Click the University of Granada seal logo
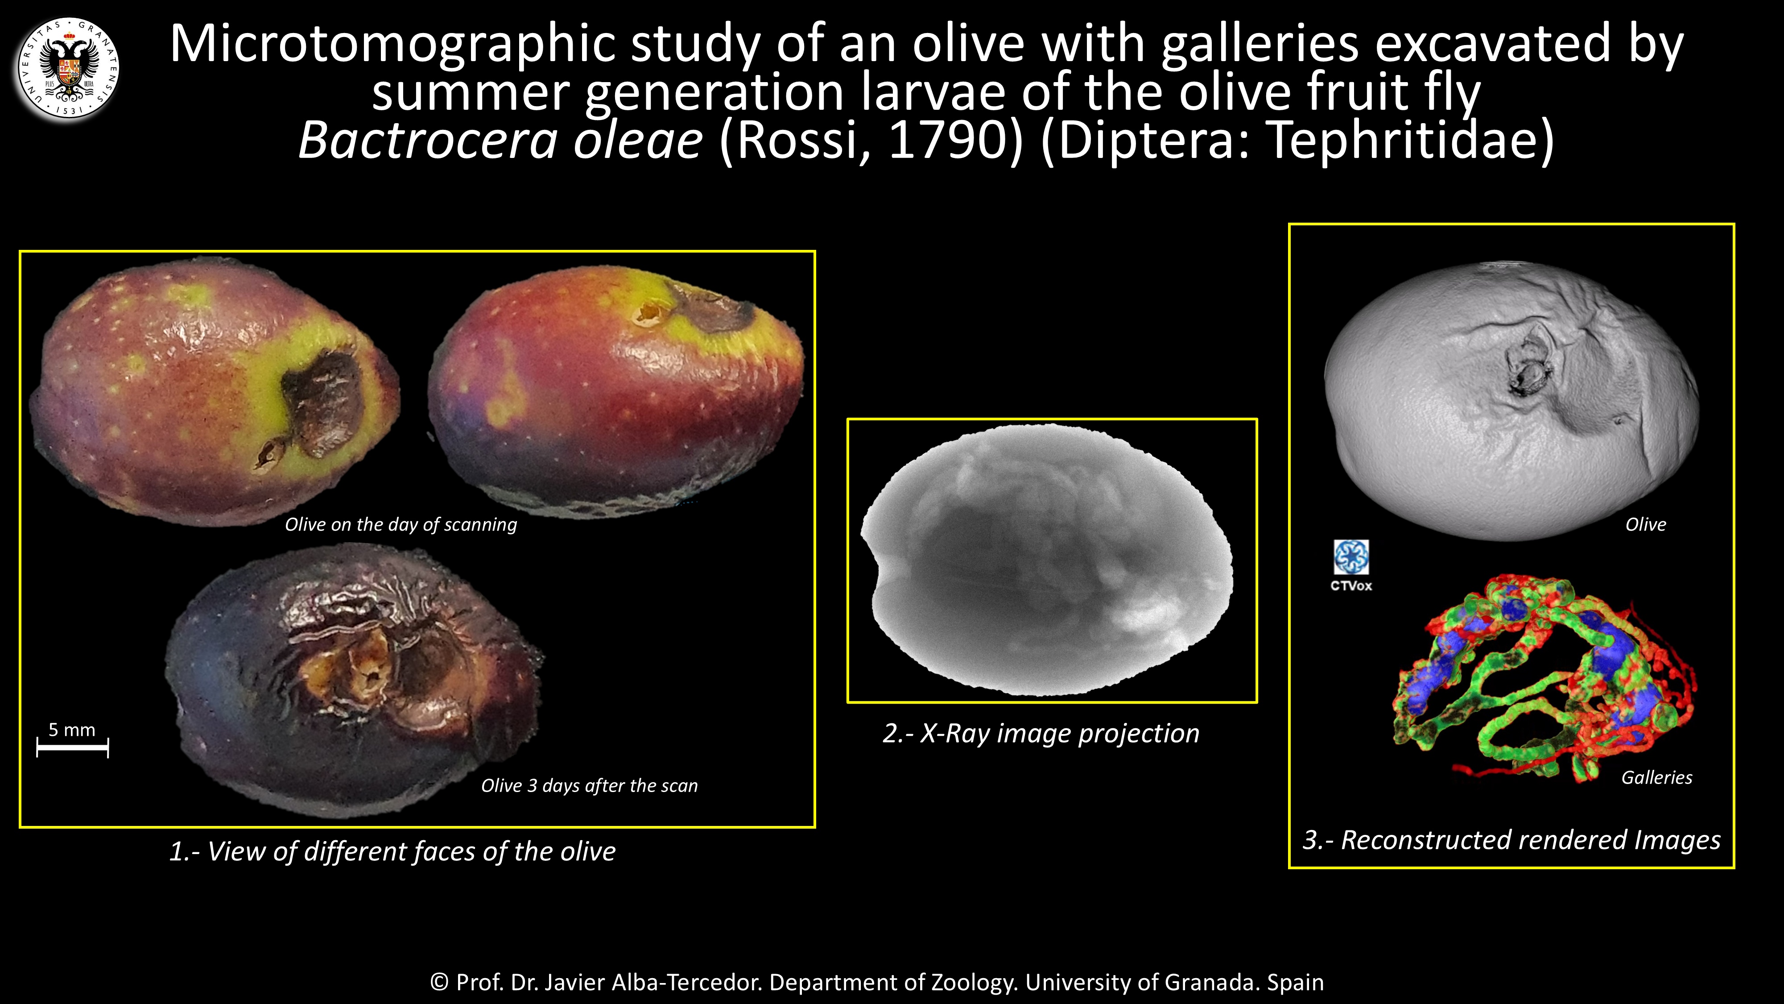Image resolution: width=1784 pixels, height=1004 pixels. pyautogui.click(x=68, y=69)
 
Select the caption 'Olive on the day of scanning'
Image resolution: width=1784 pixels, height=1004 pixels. pyautogui.click(x=401, y=524)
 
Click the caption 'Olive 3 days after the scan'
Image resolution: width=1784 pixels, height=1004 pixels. pyautogui.click(x=589, y=786)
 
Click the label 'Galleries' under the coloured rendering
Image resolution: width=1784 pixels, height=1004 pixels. pyautogui.click(x=1656, y=777)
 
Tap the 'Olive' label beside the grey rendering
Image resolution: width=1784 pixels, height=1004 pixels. pyautogui.click(x=1645, y=524)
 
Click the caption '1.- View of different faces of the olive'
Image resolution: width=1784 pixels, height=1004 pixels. pyautogui.click(x=392, y=851)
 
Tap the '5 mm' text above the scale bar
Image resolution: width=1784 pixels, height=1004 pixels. pyautogui.click(x=72, y=730)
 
